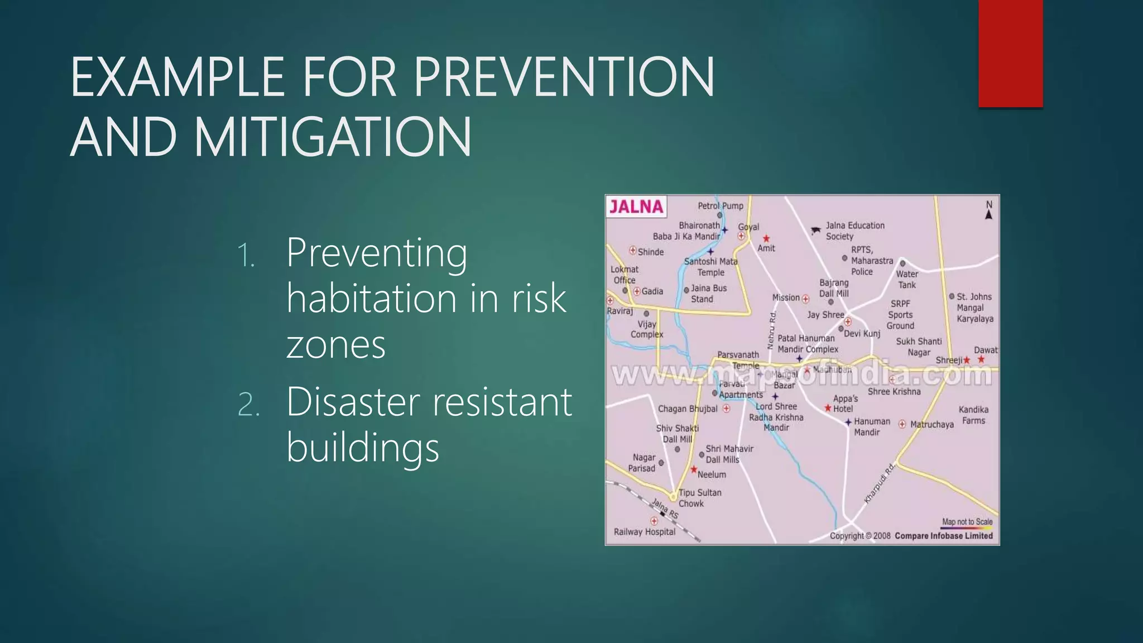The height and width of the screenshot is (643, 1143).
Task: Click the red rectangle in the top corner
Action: click(x=1010, y=53)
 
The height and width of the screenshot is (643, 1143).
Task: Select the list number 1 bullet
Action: click(x=246, y=256)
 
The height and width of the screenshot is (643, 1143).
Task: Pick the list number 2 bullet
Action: click(x=248, y=404)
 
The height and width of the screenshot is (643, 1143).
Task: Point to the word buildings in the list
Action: click(x=363, y=448)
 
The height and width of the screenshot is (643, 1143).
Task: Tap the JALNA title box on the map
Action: click(x=636, y=207)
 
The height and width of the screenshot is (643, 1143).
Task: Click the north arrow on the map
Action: click(x=988, y=211)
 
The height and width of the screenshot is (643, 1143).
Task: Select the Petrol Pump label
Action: click(x=721, y=206)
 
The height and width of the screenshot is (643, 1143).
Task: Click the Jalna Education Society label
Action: click(x=854, y=231)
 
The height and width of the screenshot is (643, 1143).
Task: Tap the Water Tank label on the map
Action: click(x=907, y=279)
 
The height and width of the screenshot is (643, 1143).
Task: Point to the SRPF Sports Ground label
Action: click(x=900, y=315)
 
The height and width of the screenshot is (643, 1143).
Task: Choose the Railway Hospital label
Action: click(x=645, y=532)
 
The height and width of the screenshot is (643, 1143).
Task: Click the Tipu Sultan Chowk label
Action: click(x=700, y=498)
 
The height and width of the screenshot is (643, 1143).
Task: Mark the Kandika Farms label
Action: click(x=973, y=415)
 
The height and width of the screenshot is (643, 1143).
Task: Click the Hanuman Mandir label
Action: click(x=871, y=426)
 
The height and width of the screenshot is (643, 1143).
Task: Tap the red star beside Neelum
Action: click(x=694, y=470)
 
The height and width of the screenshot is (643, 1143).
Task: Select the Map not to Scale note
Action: click(x=967, y=522)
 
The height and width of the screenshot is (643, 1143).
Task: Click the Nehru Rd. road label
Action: click(x=772, y=331)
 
